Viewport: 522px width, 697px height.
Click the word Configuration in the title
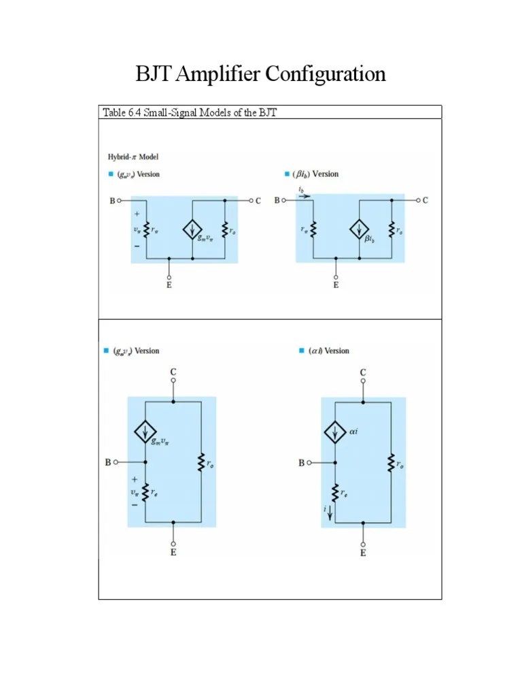pos(325,74)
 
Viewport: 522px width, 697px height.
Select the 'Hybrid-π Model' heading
pos(133,157)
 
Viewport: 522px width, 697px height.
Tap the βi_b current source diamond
pos(359,230)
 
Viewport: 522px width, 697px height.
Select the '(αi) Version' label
pos(328,351)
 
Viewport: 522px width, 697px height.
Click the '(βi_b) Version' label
pos(315,174)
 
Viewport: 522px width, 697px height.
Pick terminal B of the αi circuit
pos(309,463)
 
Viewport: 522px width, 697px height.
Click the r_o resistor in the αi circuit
pos(391,464)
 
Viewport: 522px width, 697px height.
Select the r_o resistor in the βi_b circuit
pos(391,230)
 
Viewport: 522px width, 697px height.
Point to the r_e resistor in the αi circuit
pos(334,491)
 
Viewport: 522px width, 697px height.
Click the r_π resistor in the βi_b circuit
pos(313,230)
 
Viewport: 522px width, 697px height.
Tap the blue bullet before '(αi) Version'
pos(301,351)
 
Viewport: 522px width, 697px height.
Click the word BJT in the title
pos(154,74)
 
